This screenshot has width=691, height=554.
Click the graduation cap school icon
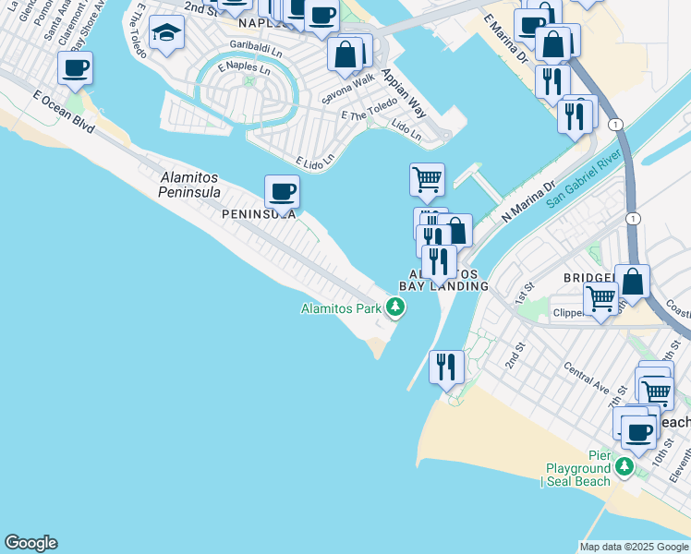tap(166, 34)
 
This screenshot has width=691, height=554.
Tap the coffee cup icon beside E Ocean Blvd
tap(75, 67)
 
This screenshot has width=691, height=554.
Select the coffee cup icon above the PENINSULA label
tap(282, 191)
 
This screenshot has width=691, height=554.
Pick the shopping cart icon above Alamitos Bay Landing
tap(427, 178)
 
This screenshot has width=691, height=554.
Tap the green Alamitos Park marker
tap(395, 307)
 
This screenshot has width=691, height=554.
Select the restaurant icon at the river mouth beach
tap(447, 367)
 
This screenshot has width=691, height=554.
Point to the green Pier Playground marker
tap(624, 467)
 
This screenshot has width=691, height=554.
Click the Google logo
tap(30, 543)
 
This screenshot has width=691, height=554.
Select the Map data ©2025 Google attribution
tap(634, 547)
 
